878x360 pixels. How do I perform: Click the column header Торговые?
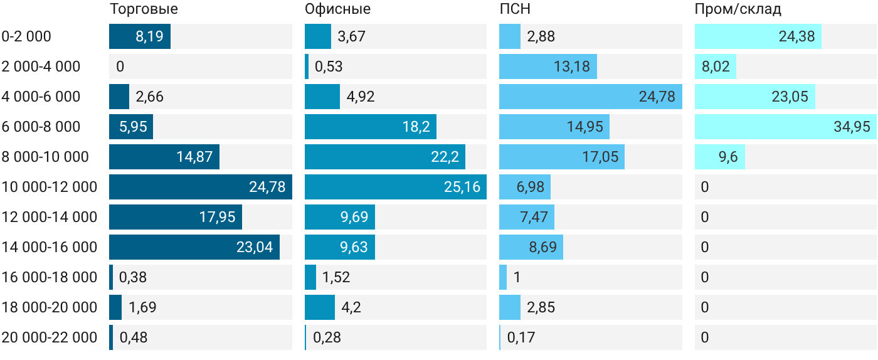click(x=144, y=9)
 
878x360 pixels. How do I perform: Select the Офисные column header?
click(x=337, y=9)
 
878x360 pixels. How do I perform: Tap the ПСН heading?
click(x=515, y=9)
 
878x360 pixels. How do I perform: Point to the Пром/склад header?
click(x=738, y=9)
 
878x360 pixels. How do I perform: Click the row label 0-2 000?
click(x=26, y=36)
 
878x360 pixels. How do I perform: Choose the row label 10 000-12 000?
click(x=50, y=187)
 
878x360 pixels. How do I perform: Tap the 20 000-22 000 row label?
click(x=50, y=337)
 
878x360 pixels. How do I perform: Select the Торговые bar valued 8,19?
click(x=140, y=36)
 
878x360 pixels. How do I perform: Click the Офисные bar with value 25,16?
click(x=396, y=187)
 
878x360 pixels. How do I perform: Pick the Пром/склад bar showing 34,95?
click(x=785, y=127)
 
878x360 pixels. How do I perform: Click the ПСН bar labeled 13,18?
click(x=548, y=66)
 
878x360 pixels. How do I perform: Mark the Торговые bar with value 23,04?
click(x=194, y=247)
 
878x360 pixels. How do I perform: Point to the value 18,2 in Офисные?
click(x=416, y=127)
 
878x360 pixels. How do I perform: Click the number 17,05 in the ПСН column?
click(x=600, y=157)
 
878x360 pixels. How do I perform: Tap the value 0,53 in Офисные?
click(x=329, y=66)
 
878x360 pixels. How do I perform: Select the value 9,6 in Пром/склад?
click(x=728, y=157)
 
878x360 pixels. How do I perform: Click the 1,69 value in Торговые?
click(x=142, y=307)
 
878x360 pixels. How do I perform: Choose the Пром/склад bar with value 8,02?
click(x=716, y=66)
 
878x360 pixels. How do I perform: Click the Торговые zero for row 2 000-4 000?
click(x=120, y=66)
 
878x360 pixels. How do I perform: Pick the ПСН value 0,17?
click(x=521, y=337)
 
